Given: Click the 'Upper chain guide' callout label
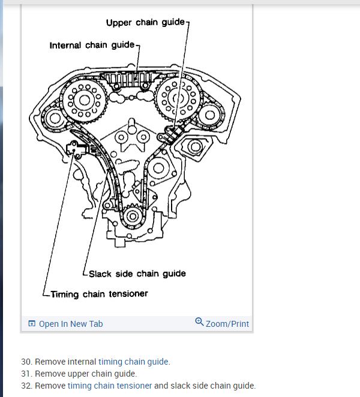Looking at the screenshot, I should tap(146, 23).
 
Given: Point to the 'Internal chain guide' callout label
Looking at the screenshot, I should tap(93, 45).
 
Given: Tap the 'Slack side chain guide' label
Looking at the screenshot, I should tap(137, 273).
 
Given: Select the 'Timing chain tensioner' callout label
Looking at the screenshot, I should tap(99, 294).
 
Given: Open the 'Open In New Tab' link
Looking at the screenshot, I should tap(71, 324).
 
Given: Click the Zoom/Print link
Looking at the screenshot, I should tap(227, 324).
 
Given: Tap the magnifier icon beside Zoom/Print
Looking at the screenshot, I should tap(199, 323).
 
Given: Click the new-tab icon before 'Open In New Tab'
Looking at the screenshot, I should tap(32, 324).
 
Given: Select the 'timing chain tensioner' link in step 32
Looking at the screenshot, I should tap(110, 386).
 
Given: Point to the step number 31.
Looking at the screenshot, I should tap(25, 374).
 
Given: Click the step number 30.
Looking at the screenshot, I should tap(25, 362).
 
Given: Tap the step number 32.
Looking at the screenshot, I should tap(25, 386).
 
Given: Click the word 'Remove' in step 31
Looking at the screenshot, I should tap(47, 374).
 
